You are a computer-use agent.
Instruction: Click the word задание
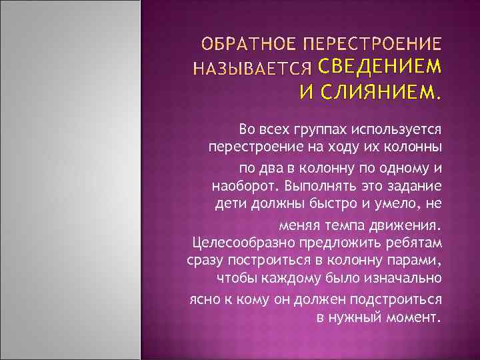(415, 183)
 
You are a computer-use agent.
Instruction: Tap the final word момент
(416, 317)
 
